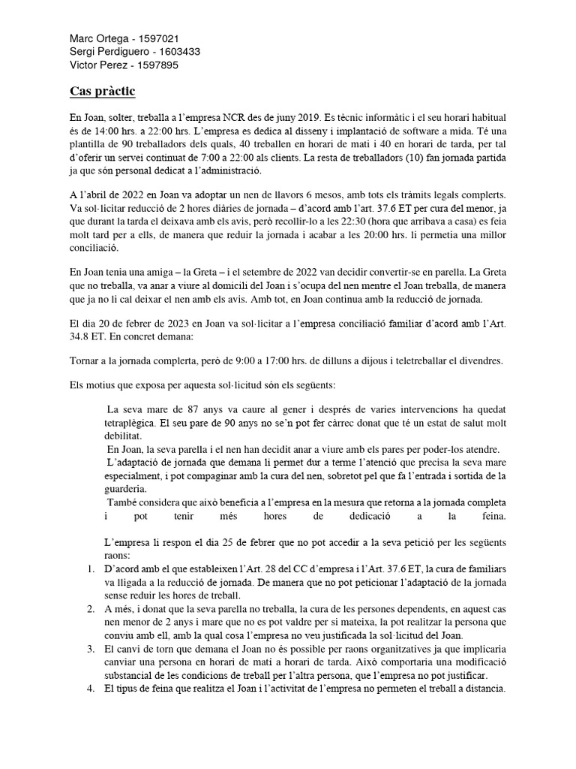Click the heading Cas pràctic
click(x=102, y=92)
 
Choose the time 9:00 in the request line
click(x=247, y=360)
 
